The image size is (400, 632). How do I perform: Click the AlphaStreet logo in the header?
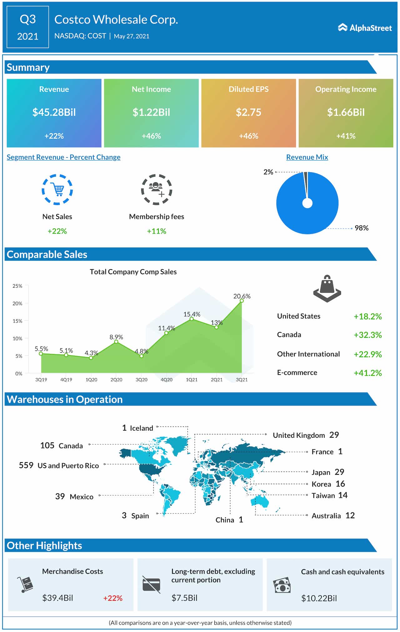pos(365,28)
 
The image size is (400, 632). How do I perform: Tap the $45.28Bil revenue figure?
pos(54,112)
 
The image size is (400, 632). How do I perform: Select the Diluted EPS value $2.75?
pos(248,112)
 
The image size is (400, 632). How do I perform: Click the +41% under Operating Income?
pos(346,136)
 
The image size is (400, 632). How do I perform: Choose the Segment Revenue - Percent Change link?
pos(63,157)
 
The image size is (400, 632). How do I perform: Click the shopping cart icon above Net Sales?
pos(57,190)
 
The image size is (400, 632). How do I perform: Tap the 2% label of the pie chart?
pos(268,172)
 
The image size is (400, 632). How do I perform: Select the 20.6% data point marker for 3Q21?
pos(242,301)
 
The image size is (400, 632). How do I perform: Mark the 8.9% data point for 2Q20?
pos(116,342)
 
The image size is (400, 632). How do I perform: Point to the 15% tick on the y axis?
pos(17,321)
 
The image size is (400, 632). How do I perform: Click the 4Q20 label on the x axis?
pos(167,380)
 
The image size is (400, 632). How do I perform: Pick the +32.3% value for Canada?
pos(367,335)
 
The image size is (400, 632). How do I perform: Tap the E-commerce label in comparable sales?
pos(297,372)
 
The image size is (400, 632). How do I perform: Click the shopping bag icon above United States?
pos(327,289)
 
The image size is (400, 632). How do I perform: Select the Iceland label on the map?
pos(142,428)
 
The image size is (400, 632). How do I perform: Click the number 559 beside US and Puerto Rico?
pos(26,465)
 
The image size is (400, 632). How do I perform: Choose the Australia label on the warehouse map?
pos(326,516)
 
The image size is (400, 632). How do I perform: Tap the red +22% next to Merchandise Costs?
pos(113,598)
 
